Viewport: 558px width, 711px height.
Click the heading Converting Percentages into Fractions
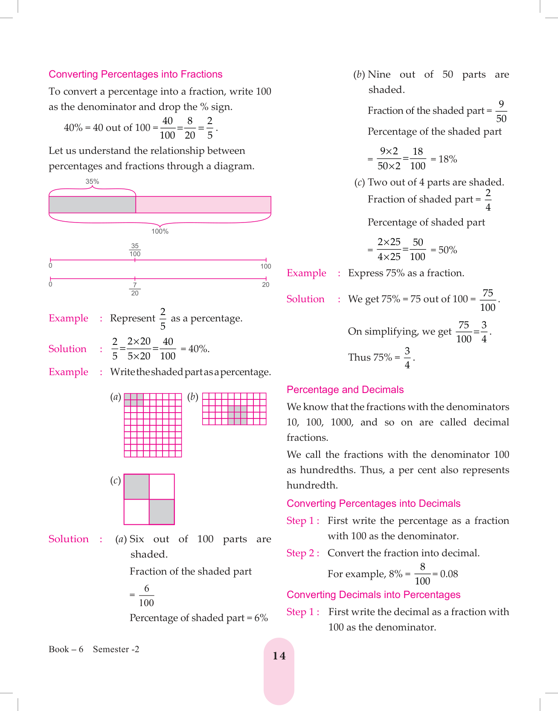pos(135,74)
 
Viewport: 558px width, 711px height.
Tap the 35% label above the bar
pos(92,182)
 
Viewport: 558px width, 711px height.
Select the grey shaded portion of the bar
pos(92,205)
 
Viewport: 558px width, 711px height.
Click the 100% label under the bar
pos(160,231)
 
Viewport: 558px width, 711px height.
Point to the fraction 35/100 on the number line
pos(135,250)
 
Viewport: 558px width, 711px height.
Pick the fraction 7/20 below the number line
pos(135,289)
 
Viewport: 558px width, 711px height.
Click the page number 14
pos(279,656)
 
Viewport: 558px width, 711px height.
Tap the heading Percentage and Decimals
pos(345,390)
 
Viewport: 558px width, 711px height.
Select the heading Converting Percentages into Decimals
pos(373,503)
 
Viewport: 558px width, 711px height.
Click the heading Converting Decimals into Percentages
pos(373,595)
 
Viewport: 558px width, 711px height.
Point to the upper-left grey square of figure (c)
pos(137,487)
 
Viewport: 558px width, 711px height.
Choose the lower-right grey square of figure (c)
pos(162,512)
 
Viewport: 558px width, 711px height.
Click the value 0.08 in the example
pos(449,574)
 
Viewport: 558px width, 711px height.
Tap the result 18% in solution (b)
pos(448,159)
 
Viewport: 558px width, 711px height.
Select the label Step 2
pos(302,553)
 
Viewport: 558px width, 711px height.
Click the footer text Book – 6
pos(66,649)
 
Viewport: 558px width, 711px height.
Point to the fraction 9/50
pos(501,111)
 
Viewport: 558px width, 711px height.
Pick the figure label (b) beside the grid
pos(193,397)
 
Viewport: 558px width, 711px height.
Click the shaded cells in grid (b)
pos(237,415)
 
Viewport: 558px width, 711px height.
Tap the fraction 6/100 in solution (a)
pos(146,595)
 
